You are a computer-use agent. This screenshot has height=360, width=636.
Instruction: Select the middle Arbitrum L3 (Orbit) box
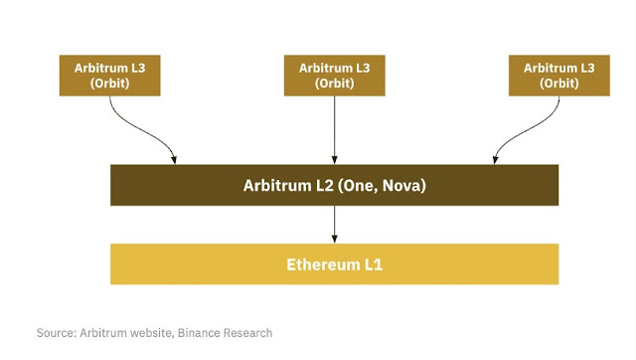tap(334, 76)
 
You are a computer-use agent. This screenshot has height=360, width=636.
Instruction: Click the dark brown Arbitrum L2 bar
tap(334, 185)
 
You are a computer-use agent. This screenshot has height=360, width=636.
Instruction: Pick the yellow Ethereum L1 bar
tap(334, 264)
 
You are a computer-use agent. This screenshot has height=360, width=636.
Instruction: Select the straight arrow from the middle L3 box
tap(334, 129)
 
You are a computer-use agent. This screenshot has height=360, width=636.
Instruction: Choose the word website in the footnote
tap(146, 332)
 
